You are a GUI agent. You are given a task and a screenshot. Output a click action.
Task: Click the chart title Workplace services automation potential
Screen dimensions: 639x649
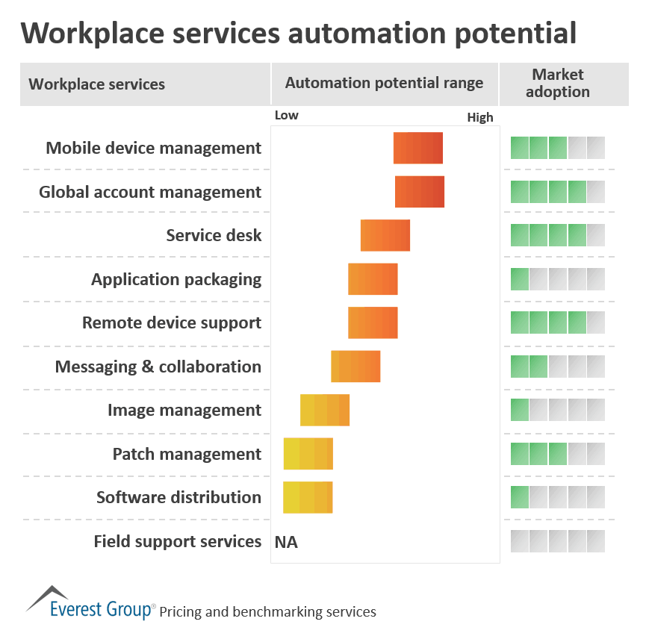298,34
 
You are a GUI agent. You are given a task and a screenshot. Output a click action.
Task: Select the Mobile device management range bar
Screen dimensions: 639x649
418,148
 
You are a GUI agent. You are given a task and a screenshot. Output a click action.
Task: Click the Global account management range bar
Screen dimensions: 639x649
420,192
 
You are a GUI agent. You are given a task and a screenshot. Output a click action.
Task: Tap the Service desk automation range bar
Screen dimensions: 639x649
385,235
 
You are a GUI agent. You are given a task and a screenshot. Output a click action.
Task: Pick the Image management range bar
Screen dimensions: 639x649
325,410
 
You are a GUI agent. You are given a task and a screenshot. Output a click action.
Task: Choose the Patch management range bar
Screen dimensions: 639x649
308,454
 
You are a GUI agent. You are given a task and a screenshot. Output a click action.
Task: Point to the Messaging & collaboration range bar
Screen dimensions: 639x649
355,367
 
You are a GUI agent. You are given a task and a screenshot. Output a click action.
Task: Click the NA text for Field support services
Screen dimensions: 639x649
286,542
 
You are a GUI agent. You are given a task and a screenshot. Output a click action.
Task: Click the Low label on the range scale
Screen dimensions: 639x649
287,115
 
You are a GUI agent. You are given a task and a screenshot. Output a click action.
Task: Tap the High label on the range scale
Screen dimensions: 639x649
480,117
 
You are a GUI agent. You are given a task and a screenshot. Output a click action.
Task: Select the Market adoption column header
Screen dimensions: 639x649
558,83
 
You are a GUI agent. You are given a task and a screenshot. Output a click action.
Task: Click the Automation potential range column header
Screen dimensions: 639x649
384,83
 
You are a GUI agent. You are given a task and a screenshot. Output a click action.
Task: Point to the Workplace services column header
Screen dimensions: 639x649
97,84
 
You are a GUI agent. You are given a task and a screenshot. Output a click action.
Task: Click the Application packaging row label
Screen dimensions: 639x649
176,279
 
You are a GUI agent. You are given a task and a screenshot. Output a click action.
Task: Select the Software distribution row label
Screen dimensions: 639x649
178,497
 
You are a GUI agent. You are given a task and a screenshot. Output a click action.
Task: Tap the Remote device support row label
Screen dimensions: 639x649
172,322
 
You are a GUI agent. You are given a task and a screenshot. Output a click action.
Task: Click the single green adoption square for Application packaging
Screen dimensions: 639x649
520,279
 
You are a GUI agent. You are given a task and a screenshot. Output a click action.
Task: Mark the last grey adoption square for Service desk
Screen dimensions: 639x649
596,235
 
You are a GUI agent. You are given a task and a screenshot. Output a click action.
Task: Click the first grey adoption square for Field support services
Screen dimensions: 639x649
520,541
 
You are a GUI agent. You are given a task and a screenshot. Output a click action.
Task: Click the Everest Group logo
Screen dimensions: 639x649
90,601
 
